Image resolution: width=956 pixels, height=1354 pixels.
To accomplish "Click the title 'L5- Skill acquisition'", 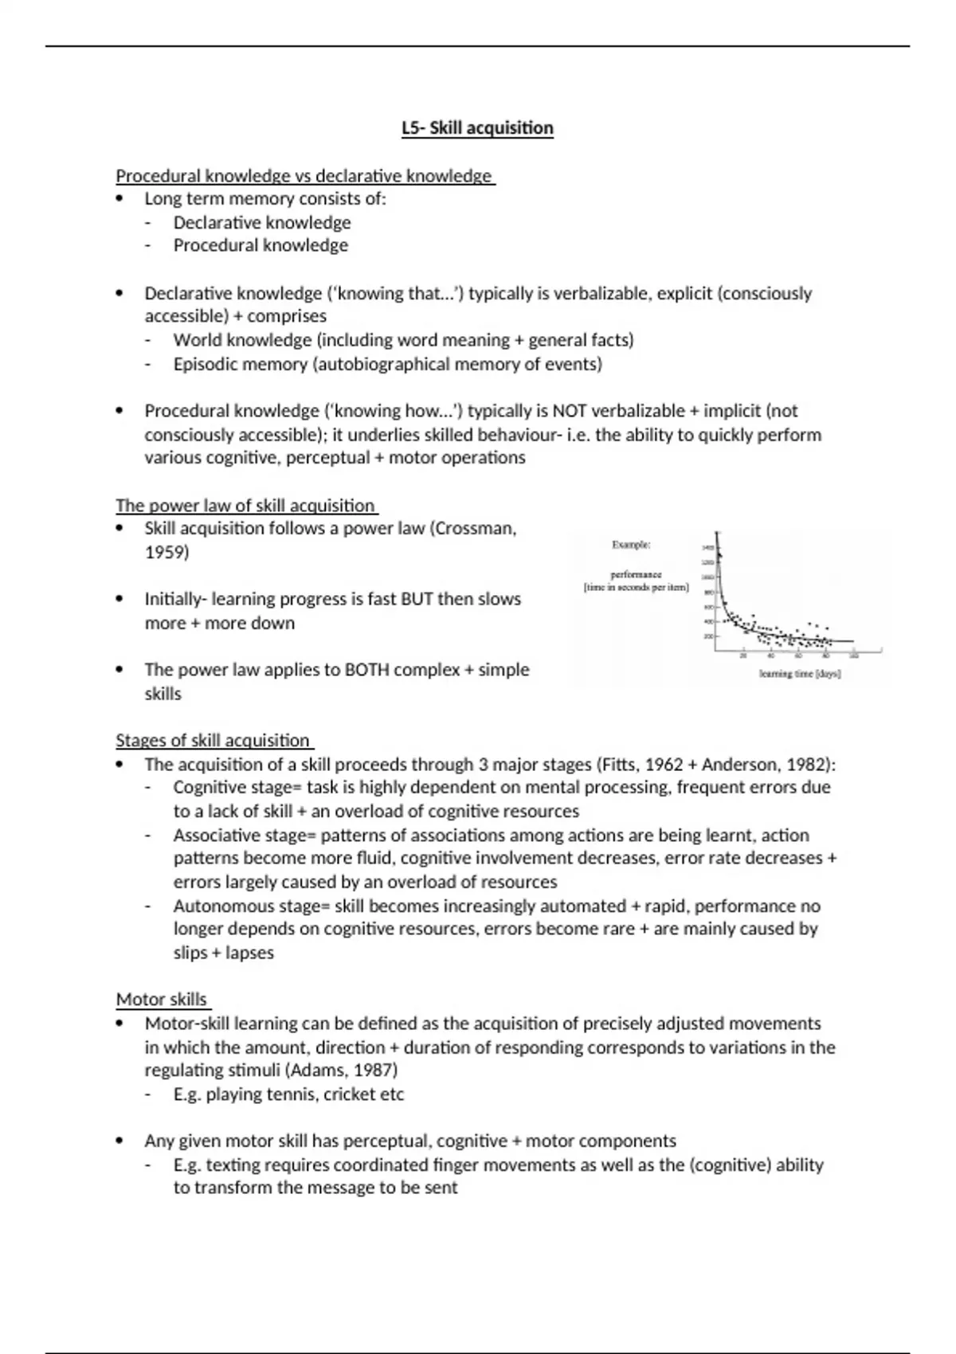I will [x=477, y=128].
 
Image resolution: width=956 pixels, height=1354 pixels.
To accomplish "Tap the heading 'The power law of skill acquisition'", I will [x=245, y=505].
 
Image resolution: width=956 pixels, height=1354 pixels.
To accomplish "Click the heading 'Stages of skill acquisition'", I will [x=213, y=740].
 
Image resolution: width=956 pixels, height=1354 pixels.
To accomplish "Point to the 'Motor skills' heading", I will [x=162, y=999].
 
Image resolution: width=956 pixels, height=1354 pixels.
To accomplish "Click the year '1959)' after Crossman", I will [x=167, y=552].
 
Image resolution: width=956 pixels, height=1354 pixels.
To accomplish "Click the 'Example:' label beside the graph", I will [x=631, y=545].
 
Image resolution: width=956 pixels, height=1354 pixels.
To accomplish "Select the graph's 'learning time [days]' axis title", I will [x=800, y=674].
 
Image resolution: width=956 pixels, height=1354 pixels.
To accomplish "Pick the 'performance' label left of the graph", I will [x=636, y=574].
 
